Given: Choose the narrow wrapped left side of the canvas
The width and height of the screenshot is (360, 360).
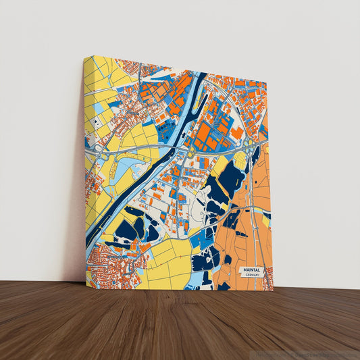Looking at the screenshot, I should pyautogui.click(x=85, y=169).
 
